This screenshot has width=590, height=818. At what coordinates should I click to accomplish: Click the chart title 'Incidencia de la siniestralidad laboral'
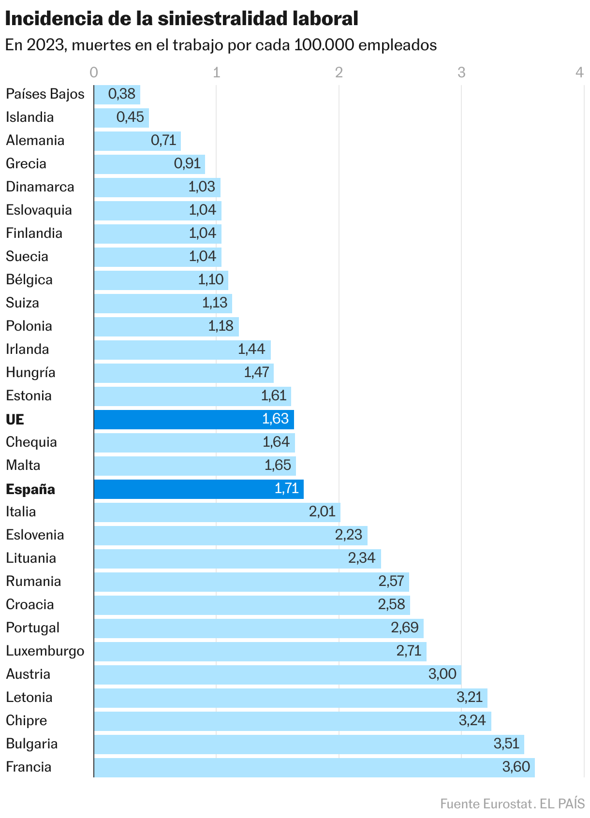tap(181, 19)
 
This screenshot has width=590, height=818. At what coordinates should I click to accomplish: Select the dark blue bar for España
tap(198, 489)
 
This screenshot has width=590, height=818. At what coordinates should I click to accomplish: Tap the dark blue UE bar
tap(193, 419)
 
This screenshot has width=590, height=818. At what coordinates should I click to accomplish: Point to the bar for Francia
tap(314, 767)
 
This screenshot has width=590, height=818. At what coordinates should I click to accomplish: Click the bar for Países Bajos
tap(117, 94)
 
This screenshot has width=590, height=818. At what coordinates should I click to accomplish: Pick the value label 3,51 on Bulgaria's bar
tap(506, 744)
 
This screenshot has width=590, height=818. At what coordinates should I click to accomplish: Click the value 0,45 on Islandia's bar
tap(130, 117)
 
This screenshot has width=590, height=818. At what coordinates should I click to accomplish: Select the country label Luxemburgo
tap(45, 651)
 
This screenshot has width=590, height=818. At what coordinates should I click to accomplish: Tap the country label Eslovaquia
tap(39, 210)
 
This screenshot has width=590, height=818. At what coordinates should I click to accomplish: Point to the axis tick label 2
tap(339, 73)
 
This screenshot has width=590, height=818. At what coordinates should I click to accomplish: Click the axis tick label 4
tap(579, 73)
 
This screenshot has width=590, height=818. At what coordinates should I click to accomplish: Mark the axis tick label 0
tap(94, 73)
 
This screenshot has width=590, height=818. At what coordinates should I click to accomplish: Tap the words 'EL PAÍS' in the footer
tap(562, 803)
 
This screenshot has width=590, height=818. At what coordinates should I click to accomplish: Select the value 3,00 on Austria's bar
tap(442, 674)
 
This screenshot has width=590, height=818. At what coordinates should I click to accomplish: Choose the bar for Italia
tap(217, 512)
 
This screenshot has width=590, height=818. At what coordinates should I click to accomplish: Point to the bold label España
tap(30, 489)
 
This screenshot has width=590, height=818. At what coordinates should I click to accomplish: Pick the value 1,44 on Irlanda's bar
tap(251, 350)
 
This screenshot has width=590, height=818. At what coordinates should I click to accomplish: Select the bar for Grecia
tap(149, 164)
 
